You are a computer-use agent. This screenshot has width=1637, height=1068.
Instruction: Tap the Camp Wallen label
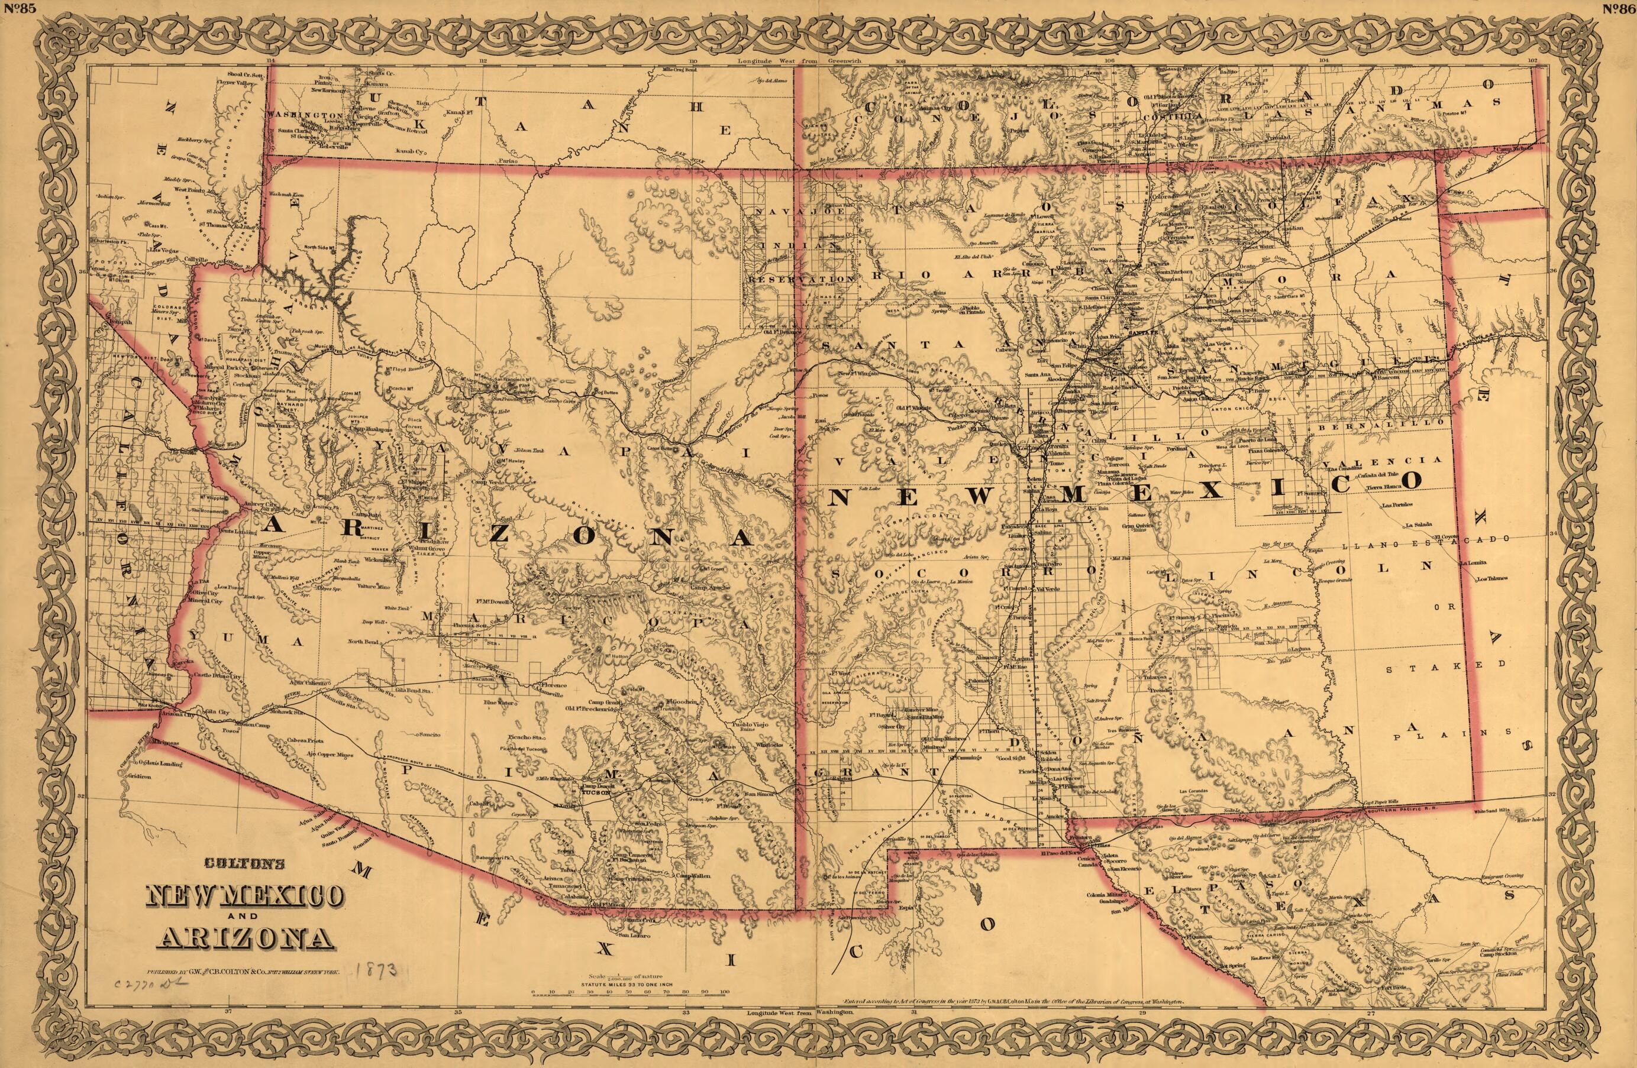[693, 876]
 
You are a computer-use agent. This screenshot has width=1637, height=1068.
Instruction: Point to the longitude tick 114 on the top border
[271, 61]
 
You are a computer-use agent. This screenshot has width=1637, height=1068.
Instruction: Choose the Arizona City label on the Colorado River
[179, 715]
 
